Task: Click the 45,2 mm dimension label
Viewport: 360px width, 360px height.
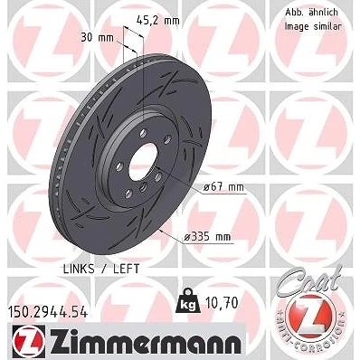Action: (x=157, y=21)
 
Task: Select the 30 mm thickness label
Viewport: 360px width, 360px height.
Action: (x=97, y=38)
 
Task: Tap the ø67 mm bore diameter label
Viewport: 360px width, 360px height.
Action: (x=223, y=187)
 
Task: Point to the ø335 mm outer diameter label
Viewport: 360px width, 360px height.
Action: (x=207, y=237)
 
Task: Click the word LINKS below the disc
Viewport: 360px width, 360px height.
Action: (x=79, y=269)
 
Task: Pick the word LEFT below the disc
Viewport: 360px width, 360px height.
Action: (x=127, y=269)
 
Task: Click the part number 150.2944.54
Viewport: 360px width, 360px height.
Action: (x=47, y=312)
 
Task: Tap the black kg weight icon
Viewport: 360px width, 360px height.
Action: (x=187, y=301)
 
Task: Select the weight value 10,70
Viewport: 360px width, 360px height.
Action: (x=222, y=303)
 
